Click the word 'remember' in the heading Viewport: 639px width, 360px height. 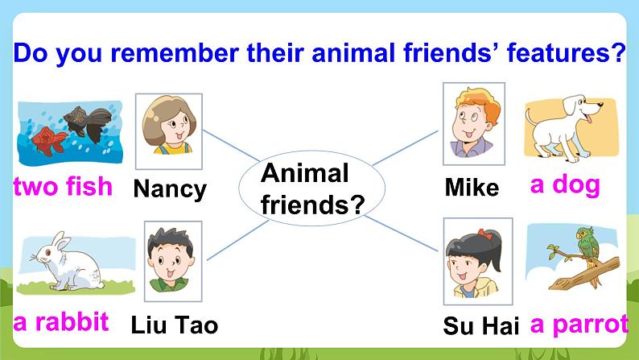[175, 53]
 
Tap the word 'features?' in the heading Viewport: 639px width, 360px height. [566, 52]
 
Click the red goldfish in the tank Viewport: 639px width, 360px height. [49, 141]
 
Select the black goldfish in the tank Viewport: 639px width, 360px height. [88, 122]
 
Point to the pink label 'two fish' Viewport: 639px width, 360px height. [63, 186]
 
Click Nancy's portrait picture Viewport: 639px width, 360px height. [169, 131]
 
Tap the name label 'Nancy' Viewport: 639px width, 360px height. [170, 189]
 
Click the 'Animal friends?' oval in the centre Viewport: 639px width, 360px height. [311, 188]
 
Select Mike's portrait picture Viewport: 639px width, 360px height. [474, 123]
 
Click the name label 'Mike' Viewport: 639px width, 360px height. [472, 188]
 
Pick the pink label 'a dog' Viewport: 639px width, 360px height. [565, 184]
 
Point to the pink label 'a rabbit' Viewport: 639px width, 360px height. [61, 322]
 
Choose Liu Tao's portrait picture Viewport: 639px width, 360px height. [173, 261]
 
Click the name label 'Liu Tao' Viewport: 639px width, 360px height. [175, 325]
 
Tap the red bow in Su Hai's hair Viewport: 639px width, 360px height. [485, 234]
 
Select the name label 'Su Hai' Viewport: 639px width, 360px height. [481, 325]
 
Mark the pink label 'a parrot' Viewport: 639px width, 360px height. [579, 325]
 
